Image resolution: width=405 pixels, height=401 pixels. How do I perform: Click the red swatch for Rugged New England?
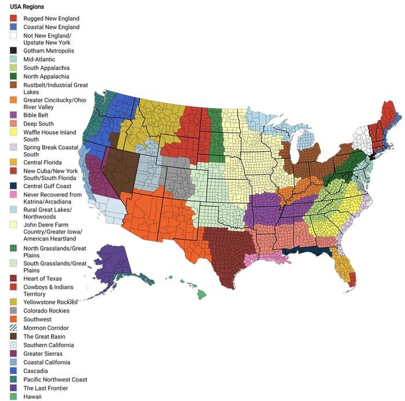pos(13,18)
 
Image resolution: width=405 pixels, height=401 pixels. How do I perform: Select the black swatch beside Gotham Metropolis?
pos(13,51)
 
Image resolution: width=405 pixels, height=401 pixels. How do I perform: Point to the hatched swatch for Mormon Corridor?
pos(13,328)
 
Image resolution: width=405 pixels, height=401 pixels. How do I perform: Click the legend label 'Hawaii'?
pos(32,396)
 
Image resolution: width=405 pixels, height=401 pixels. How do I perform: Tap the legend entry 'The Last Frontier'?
pos(48,388)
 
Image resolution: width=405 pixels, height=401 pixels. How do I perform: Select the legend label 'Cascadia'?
pos(35,371)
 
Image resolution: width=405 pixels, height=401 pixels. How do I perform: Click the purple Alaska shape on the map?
pos(110,266)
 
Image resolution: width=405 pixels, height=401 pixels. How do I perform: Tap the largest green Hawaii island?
pos(201,295)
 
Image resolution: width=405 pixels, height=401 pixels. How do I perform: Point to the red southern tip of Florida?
pos(352,281)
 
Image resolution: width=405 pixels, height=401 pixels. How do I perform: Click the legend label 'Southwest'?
pos(37,319)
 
